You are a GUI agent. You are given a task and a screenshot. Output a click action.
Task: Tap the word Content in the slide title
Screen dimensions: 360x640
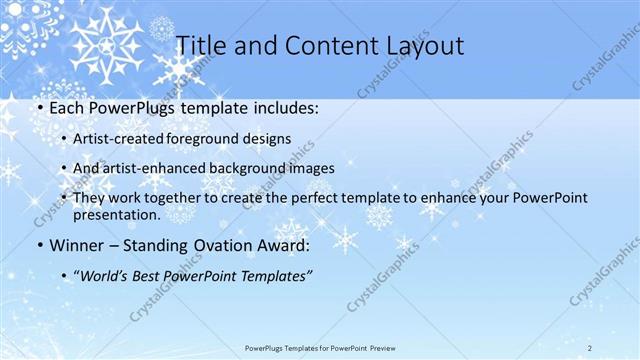pos(321,45)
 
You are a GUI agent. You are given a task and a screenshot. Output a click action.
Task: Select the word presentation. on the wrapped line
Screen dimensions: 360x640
pos(116,214)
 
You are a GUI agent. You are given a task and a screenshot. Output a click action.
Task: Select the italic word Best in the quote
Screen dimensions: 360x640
pos(150,275)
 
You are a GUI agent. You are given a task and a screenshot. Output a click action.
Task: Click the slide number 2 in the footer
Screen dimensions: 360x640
pos(590,347)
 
